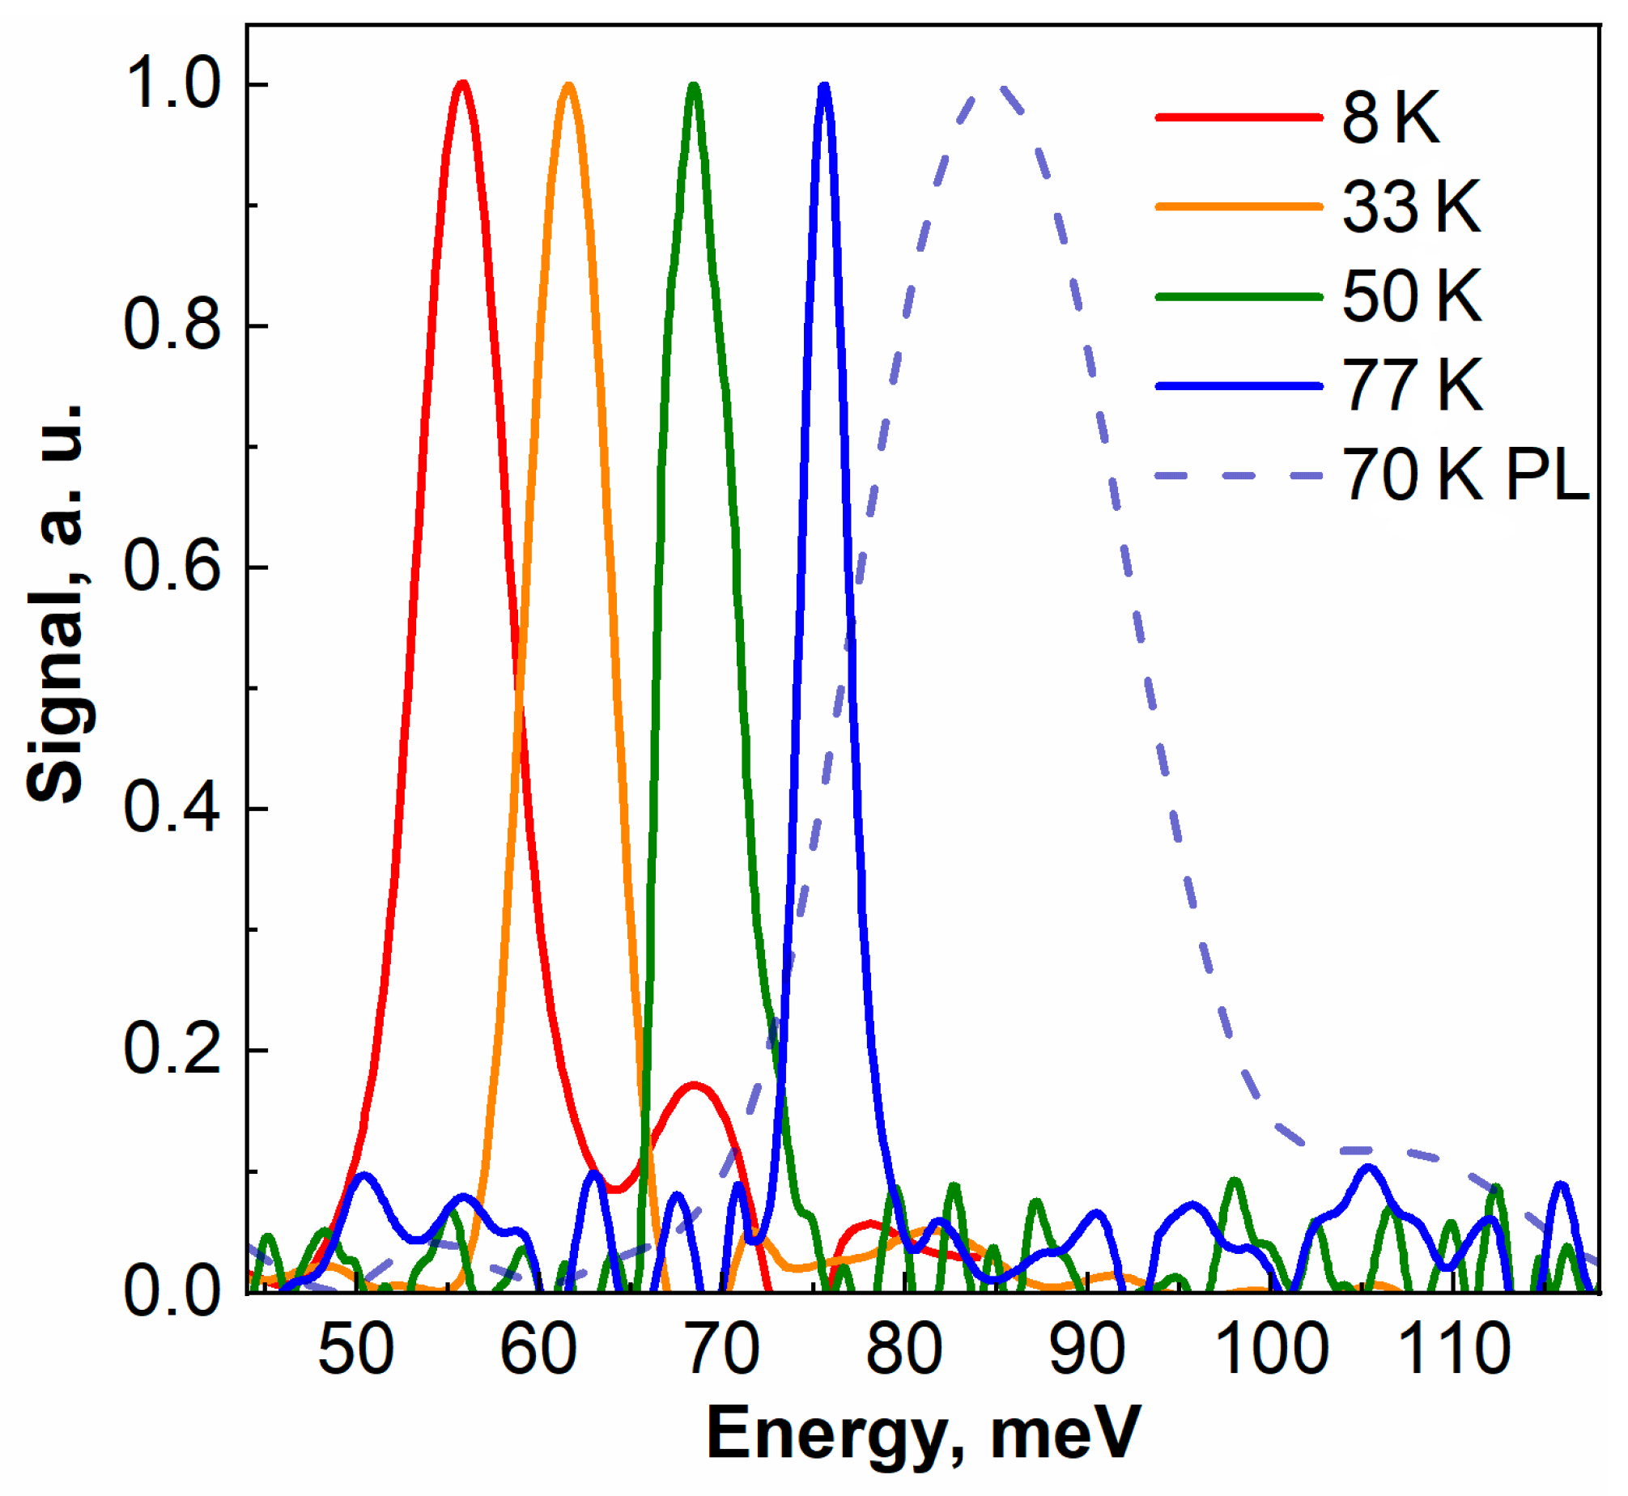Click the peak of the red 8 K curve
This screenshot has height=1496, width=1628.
pos(462,83)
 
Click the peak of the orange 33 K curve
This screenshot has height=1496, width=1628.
pos(568,85)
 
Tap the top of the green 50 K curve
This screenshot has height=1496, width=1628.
pos(694,85)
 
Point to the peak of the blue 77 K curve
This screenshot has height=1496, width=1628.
pos(824,86)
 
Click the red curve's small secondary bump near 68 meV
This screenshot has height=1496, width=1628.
pos(693,1085)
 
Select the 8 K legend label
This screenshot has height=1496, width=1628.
pos(1391,118)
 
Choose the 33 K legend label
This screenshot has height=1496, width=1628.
pos(1412,207)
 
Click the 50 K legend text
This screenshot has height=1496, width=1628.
pos(1412,296)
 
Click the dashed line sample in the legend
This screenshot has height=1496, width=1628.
pos(1239,475)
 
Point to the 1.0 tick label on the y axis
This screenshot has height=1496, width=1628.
pos(172,84)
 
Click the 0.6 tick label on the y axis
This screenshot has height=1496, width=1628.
pos(172,566)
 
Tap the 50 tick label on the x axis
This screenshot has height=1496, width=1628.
pos(356,1349)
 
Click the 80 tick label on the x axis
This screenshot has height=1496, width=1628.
pos(903,1349)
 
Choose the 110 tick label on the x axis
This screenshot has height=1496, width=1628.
pos(1454,1349)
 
